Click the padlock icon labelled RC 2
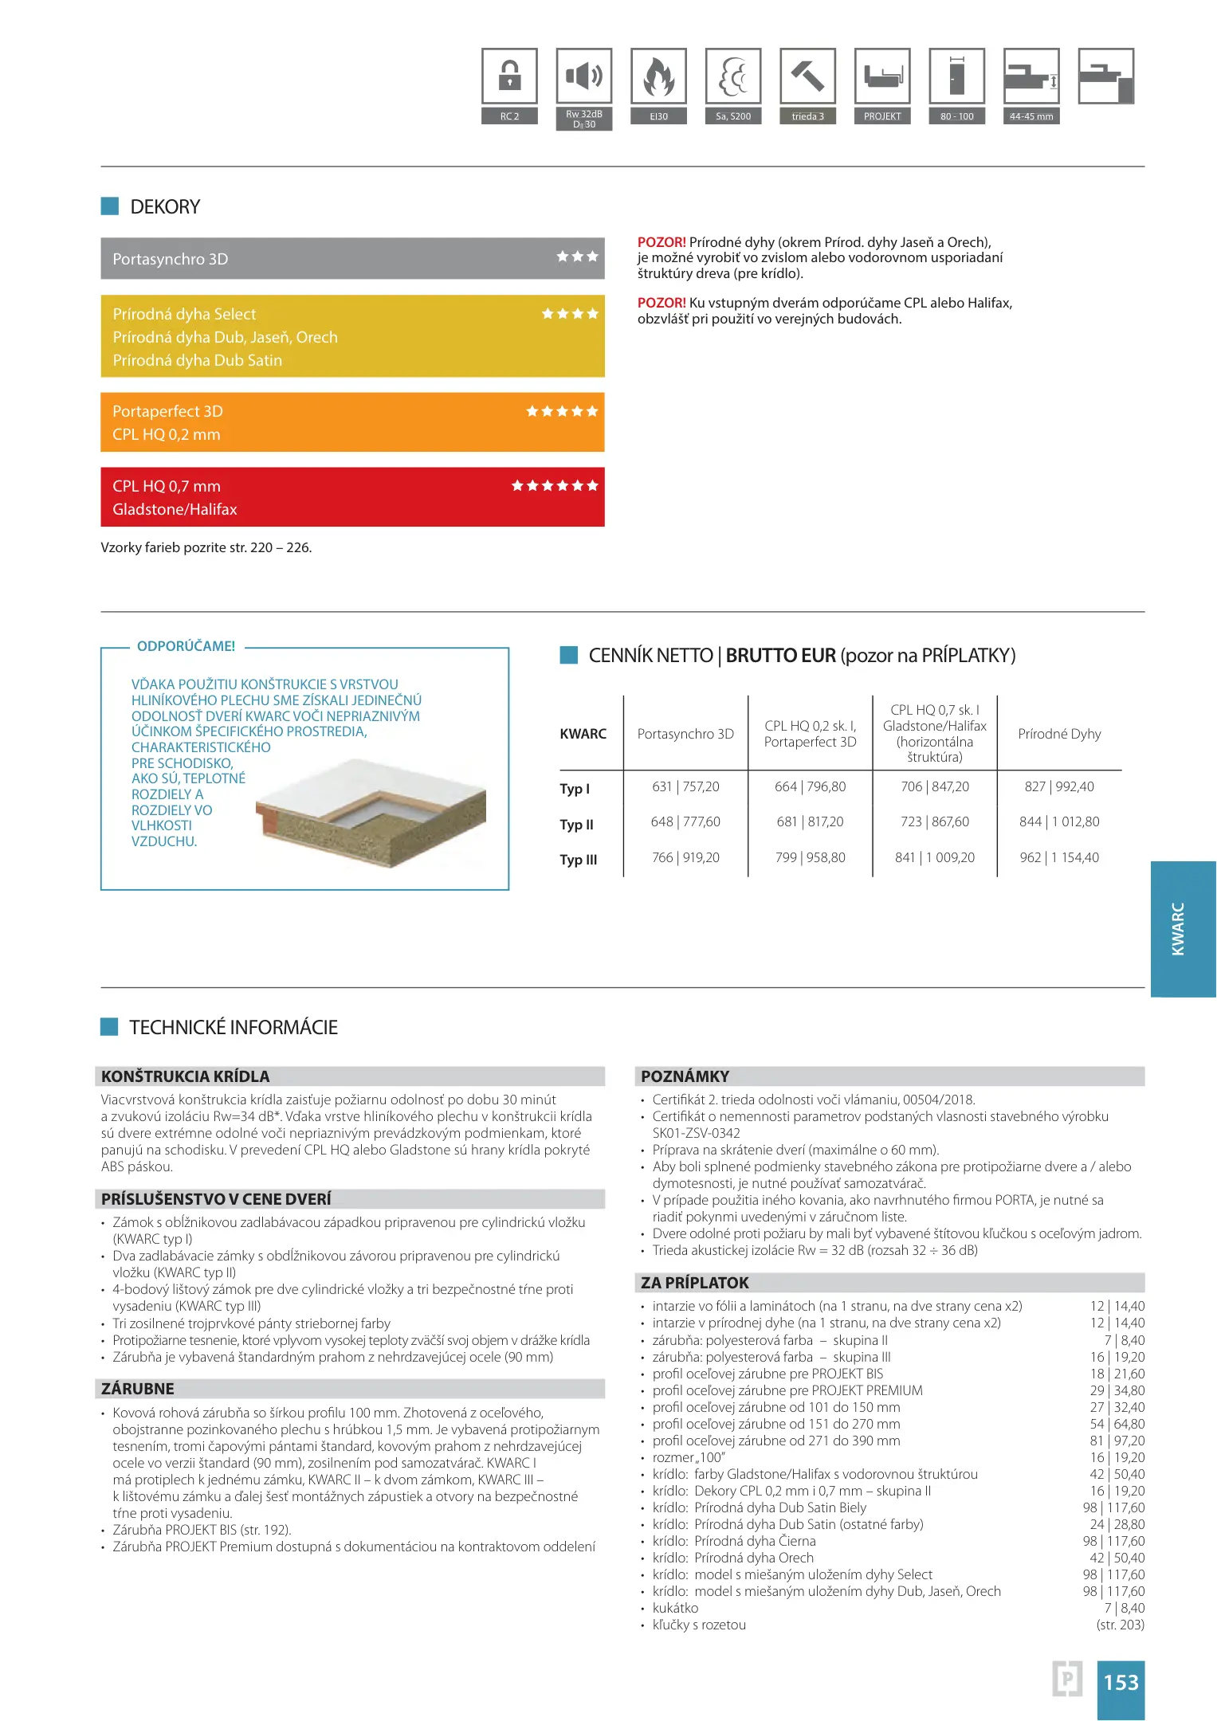click(509, 76)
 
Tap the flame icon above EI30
click(658, 76)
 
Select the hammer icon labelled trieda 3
click(807, 76)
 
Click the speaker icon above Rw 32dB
click(584, 76)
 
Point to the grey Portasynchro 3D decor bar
click(352, 259)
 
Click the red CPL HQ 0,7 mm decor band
click(352, 497)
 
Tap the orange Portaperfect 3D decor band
click(352, 422)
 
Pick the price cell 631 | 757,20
click(685, 787)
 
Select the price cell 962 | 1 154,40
click(1059, 858)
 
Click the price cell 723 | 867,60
click(935, 822)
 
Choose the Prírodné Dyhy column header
click(1059, 734)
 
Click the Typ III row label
click(579, 860)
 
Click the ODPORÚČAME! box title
click(186, 646)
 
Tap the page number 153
click(1121, 1682)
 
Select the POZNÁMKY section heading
click(685, 1076)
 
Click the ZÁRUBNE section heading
click(138, 1389)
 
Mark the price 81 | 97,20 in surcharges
click(1117, 1441)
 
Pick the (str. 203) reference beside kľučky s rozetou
click(1120, 1625)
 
